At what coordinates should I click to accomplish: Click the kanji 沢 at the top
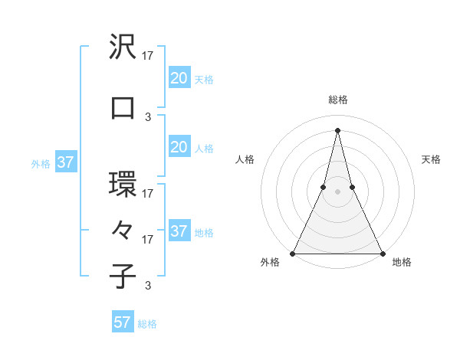tap(123, 47)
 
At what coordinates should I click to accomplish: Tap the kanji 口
tap(123, 108)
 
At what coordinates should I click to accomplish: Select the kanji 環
tap(123, 185)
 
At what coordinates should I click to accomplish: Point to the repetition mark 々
tap(123, 230)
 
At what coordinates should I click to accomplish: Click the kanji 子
tap(123, 276)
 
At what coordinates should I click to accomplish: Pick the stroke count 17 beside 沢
tap(148, 56)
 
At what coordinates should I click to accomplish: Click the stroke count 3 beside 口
tap(148, 117)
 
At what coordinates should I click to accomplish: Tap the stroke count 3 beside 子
tap(148, 286)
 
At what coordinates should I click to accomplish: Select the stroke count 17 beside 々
tap(148, 240)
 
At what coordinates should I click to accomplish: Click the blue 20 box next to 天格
tap(179, 78)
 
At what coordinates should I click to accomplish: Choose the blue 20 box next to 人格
tap(179, 148)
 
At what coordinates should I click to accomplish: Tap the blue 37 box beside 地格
tap(179, 231)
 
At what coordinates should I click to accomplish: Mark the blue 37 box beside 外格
tap(65, 162)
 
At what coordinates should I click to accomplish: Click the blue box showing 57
tap(123, 322)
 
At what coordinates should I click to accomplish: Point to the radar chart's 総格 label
tap(337, 100)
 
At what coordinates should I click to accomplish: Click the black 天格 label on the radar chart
tap(431, 159)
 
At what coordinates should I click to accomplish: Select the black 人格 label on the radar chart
tap(245, 159)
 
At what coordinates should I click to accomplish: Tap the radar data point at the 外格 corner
tap(293, 253)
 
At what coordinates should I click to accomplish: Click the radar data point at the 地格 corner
tap(382, 253)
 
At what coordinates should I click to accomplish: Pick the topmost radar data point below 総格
tap(337, 129)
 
